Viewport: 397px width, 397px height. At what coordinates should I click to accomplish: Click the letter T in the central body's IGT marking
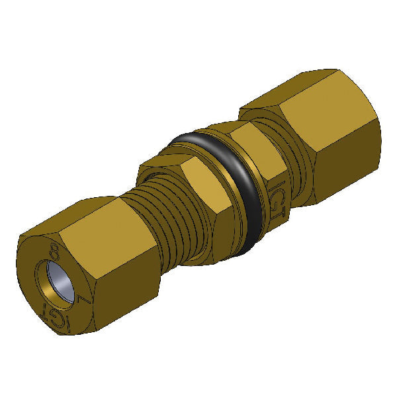click(280, 201)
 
